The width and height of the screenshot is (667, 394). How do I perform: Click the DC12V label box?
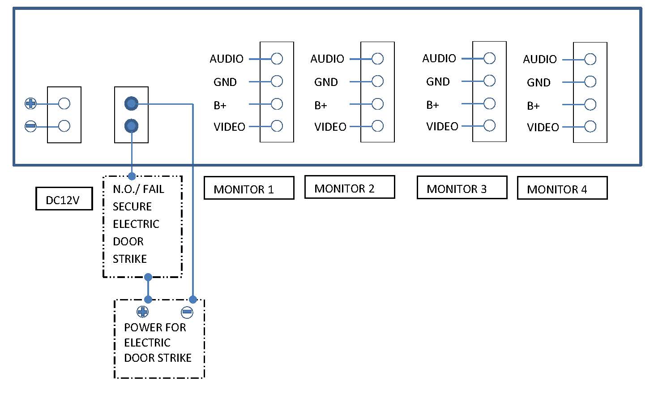pos(64,199)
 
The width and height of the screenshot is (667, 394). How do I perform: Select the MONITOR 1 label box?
pos(249,188)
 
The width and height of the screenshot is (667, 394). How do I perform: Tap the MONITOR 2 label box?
pos(350,188)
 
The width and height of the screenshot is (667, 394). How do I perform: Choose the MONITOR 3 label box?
pos(462,188)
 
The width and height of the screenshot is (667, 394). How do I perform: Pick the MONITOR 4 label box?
pos(562,188)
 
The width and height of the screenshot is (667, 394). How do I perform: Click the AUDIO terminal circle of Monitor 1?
pos(277,59)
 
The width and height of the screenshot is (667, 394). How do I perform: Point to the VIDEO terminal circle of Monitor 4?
pos(590,127)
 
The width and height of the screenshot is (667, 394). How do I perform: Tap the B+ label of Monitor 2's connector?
pos(321,105)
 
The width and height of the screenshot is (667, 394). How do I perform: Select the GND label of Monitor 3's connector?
pos(438,81)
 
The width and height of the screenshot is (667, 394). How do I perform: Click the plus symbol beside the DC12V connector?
pos(30,104)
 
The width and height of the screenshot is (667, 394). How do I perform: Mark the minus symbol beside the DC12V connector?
pos(30,126)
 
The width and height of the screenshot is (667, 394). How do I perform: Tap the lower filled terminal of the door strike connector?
pos(131,126)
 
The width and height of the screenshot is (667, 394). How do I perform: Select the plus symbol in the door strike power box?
pos(142,312)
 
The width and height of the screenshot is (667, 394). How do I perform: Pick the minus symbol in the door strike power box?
pos(187,312)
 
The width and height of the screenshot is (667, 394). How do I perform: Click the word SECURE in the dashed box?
pos(132,206)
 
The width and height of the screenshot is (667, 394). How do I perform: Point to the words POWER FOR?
pos(155,327)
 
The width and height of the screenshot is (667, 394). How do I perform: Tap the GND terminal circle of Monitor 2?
pos(378,81)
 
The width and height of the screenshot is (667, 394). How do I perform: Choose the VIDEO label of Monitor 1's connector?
pos(229,127)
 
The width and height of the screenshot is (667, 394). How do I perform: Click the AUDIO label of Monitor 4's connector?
pos(540,59)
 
